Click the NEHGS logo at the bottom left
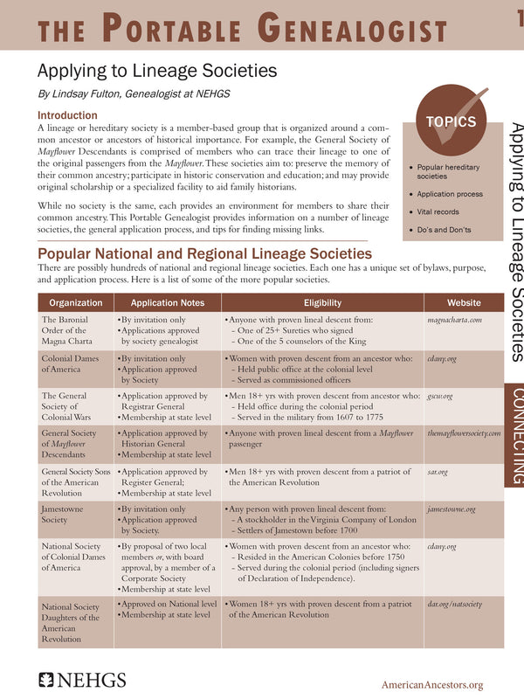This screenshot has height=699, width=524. (82, 679)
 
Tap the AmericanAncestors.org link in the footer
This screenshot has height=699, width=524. (431, 685)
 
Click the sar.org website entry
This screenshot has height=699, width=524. (435, 472)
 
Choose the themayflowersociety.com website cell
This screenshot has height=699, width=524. (464, 433)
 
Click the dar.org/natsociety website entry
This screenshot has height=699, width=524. (454, 603)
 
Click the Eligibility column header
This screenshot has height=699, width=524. (322, 302)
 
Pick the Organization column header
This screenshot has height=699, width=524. (75, 302)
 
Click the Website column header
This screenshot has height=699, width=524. (463, 302)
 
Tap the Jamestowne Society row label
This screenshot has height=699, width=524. (65, 514)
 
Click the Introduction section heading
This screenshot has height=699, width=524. (67, 115)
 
